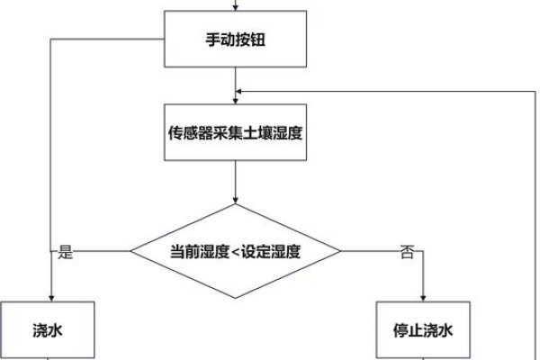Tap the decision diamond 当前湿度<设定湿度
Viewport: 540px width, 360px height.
236,251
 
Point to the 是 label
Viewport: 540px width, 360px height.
65,252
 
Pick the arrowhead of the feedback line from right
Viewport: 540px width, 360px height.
239,90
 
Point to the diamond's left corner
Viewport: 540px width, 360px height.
131,252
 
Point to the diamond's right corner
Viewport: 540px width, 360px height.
341,252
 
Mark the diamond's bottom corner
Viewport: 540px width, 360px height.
236,298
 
